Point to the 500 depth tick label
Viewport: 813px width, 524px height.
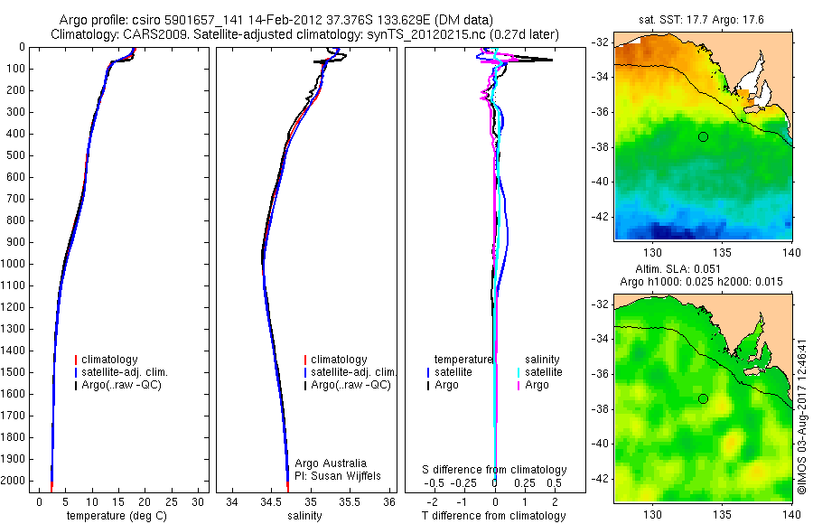click(x=15, y=155)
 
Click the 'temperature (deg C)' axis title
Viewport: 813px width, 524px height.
click(x=118, y=516)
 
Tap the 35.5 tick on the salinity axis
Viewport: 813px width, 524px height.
click(x=350, y=501)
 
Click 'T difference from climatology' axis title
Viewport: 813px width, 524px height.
click(x=493, y=516)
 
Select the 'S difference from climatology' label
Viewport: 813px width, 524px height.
click(x=495, y=470)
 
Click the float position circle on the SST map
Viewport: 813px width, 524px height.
click(x=703, y=136)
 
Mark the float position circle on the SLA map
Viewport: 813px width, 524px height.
click(x=703, y=398)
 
